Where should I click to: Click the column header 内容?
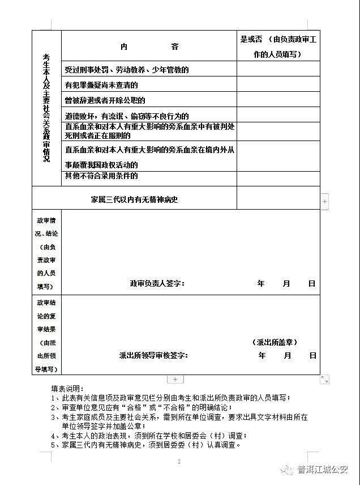pyautogui.click(x=149, y=47)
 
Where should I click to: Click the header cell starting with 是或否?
pyautogui.click(x=278, y=46)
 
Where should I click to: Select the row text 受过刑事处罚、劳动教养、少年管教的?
pyautogui.click(x=126, y=70)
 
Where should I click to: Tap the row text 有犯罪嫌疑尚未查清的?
pyautogui.click(x=101, y=85)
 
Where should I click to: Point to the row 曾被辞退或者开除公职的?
pyautogui.click(x=105, y=100)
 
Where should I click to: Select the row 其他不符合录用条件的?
pyautogui.click(x=101, y=176)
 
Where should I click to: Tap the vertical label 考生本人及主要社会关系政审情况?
pyautogui.click(x=46, y=108)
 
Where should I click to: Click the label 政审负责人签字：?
pyautogui.click(x=157, y=283)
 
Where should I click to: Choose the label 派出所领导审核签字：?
pyautogui.click(x=153, y=355)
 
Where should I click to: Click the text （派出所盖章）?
pyautogui.click(x=275, y=342)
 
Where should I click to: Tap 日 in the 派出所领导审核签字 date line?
pyautogui.click(x=312, y=355)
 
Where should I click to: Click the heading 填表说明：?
pyautogui.click(x=67, y=389)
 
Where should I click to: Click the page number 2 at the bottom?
pyautogui.click(x=178, y=462)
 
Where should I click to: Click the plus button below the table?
pyautogui.click(x=175, y=379)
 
